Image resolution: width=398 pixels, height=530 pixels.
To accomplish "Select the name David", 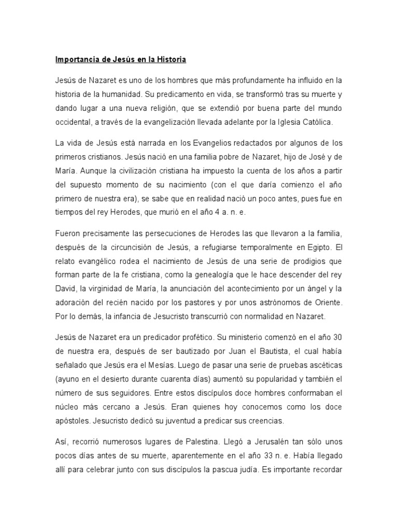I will point(65,289).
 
